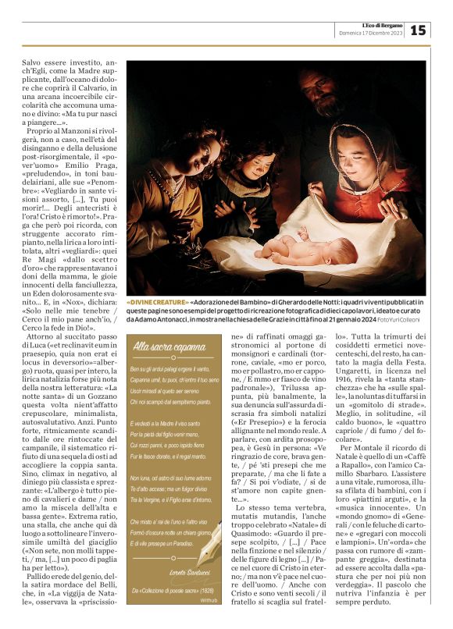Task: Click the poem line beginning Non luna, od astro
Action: (171, 477)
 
